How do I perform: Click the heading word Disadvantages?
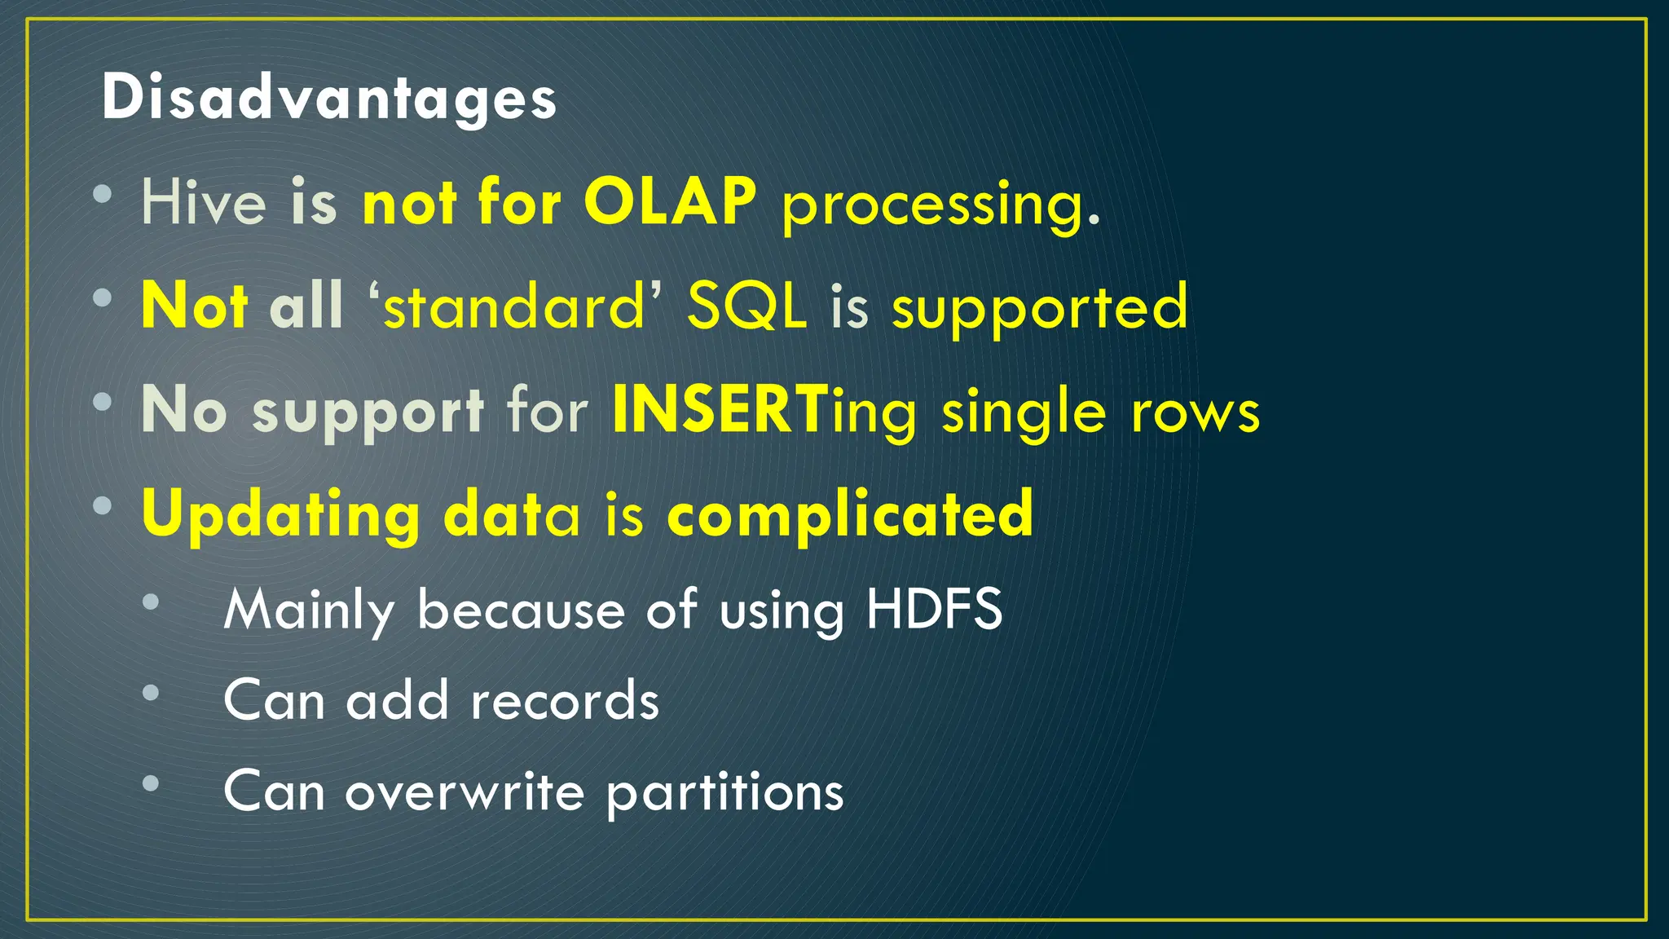pyautogui.click(x=328, y=98)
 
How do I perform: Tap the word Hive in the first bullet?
pyautogui.click(x=204, y=202)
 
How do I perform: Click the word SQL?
pyautogui.click(x=746, y=306)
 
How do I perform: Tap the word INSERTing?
pyautogui.click(x=764, y=411)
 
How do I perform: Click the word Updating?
pyautogui.click(x=280, y=515)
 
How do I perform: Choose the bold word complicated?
pyautogui.click(x=850, y=515)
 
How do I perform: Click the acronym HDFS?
pyautogui.click(x=934, y=609)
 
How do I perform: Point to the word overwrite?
pyautogui.click(x=465, y=791)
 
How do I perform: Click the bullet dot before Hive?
pyautogui.click(x=102, y=195)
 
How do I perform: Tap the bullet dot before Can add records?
pyautogui.click(x=151, y=693)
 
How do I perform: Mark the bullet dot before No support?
pyautogui.click(x=102, y=402)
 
